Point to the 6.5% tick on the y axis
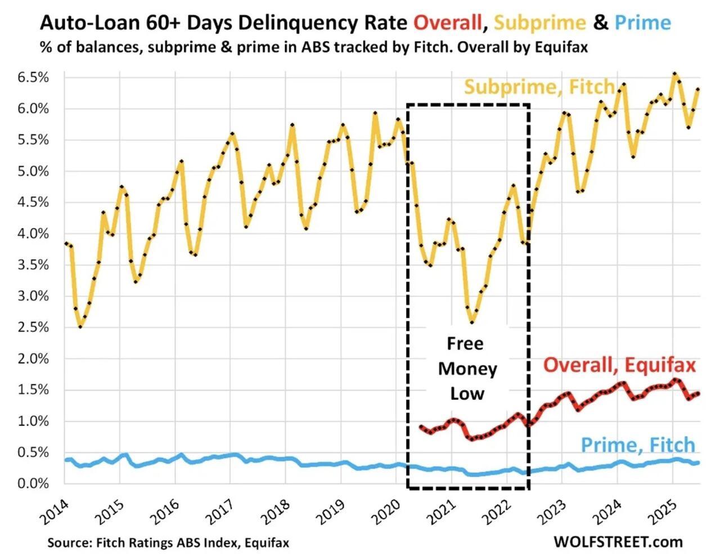click(x=33, y=77)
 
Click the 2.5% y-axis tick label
click(x=33, y=328)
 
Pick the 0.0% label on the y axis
click(x=33, y=483)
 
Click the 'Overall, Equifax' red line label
click(x=619, y=365)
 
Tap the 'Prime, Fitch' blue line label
click(x=638, y=445)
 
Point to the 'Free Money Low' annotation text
click(x=467, y=369)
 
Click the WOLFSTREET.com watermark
click(x=618, y=541)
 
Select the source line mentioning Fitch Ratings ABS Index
click(x=168, y=543)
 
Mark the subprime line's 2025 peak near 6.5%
click(x=674, y=74)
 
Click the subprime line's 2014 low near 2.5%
click(x=80, y=326)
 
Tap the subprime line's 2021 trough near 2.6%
click(x=471, y=322)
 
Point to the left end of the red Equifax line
click(x=421, y=427)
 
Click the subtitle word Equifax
click(x=560, y=47)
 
